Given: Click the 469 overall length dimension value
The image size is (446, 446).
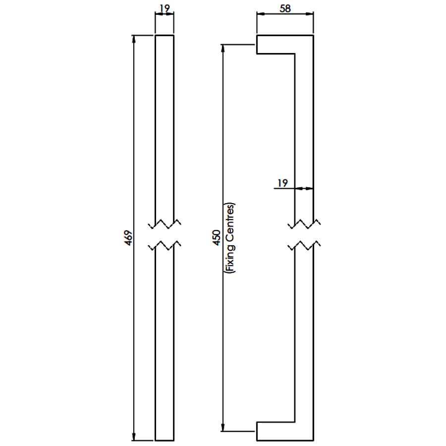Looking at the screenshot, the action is point(128,238).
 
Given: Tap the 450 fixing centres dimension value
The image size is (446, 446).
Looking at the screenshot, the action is point(217,238).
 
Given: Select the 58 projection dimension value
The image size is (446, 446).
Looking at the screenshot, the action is point(285,8).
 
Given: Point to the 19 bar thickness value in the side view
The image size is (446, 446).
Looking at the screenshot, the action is point(282,183).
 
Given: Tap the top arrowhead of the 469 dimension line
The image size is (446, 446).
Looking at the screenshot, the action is point(134,40).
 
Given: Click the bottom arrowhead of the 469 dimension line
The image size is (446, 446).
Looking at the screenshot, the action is point(134,436).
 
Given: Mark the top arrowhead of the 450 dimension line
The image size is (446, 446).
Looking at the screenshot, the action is point(223,49).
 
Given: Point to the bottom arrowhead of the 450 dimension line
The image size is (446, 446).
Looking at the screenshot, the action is point(223,427).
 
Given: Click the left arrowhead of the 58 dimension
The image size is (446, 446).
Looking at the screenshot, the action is point(261,14).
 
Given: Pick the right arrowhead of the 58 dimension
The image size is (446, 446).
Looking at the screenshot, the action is point(309,14).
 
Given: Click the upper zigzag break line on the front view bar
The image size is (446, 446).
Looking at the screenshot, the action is point(165,224).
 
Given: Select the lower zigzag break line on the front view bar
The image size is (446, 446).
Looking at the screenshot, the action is point(165,245).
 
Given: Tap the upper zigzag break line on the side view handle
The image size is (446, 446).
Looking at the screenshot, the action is point(304,224).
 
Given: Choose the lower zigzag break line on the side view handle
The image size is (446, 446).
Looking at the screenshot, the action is point(304,245).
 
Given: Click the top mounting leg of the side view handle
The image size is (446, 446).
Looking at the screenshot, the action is point(276,45).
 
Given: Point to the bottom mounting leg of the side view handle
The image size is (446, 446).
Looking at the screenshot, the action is point(276,431).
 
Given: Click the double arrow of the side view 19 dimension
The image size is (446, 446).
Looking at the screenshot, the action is point(304,188).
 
